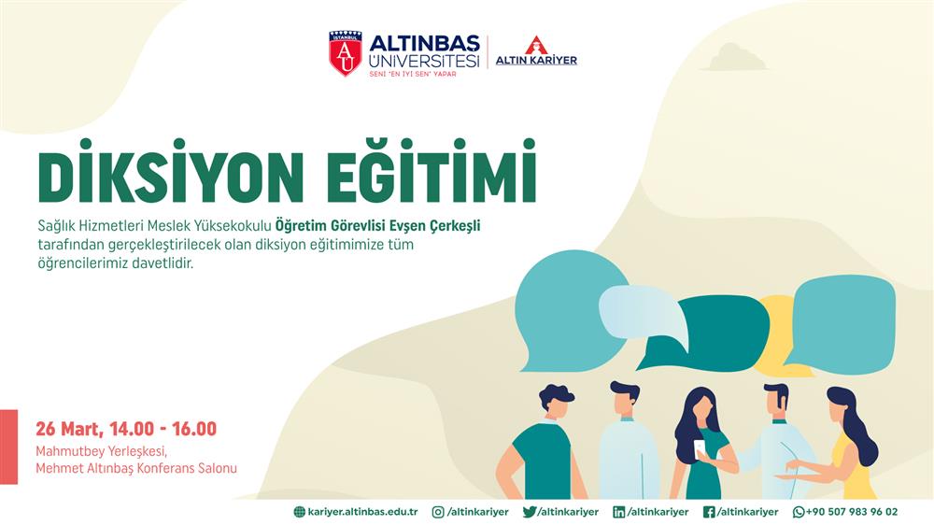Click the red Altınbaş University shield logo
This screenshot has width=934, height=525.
click(346, 53)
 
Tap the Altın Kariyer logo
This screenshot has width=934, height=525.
click(536, 51)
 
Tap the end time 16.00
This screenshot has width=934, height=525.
click(194, 429)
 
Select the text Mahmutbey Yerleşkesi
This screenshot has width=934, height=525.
click(101, 451)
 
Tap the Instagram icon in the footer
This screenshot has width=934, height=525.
click(438, 512)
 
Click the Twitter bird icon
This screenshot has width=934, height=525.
click(530, 512)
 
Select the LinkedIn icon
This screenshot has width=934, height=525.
click(619, 512)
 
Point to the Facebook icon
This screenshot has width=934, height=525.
click(709, 512)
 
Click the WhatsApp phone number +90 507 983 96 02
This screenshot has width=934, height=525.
click(851, 512)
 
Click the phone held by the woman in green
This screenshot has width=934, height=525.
click(700, 449)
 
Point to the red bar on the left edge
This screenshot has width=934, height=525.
click(9, 447)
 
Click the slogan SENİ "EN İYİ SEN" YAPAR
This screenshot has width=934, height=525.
click(413, 74)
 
